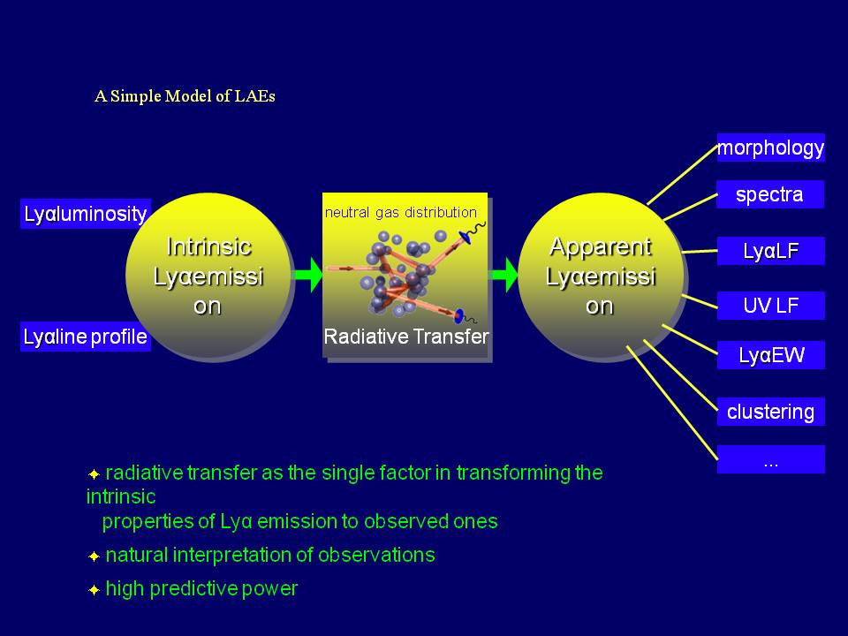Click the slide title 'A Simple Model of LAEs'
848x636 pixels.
185,96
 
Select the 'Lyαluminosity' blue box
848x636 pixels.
85,214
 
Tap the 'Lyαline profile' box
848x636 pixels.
85,337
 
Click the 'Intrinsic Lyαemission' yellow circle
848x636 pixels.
208,276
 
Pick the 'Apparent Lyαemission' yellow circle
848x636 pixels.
601,276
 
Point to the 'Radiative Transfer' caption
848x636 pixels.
405,337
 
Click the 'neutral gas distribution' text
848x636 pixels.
400,213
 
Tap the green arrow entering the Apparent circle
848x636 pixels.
504,275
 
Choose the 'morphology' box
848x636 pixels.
770,148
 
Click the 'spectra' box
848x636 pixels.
770,194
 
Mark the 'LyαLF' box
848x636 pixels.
770,251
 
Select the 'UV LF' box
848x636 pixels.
770,306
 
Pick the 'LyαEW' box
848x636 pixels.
770,356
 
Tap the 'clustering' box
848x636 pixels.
770,412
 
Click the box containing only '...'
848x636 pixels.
770,460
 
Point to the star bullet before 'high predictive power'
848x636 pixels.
94,589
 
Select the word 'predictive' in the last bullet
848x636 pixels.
195,588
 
